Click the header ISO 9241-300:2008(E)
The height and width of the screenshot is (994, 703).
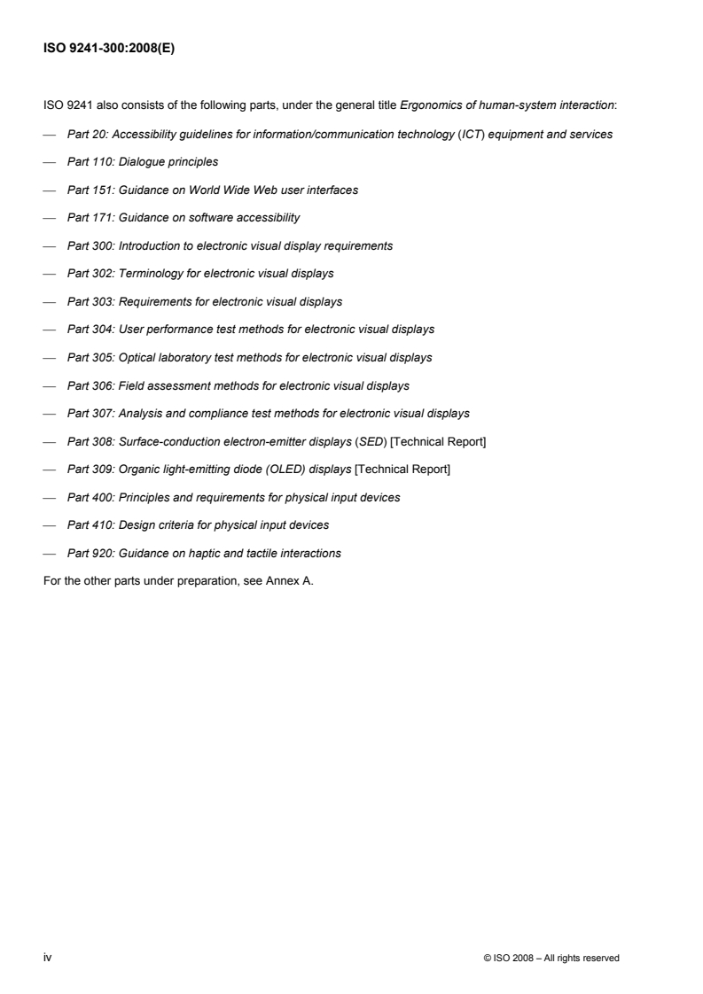[x=109, y=50]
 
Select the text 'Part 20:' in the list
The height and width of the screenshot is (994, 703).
[x=84, y=134]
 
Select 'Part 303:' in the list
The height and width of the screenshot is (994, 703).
[x=88, y=301]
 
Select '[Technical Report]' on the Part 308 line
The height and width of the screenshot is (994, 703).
[x=438, y=441]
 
